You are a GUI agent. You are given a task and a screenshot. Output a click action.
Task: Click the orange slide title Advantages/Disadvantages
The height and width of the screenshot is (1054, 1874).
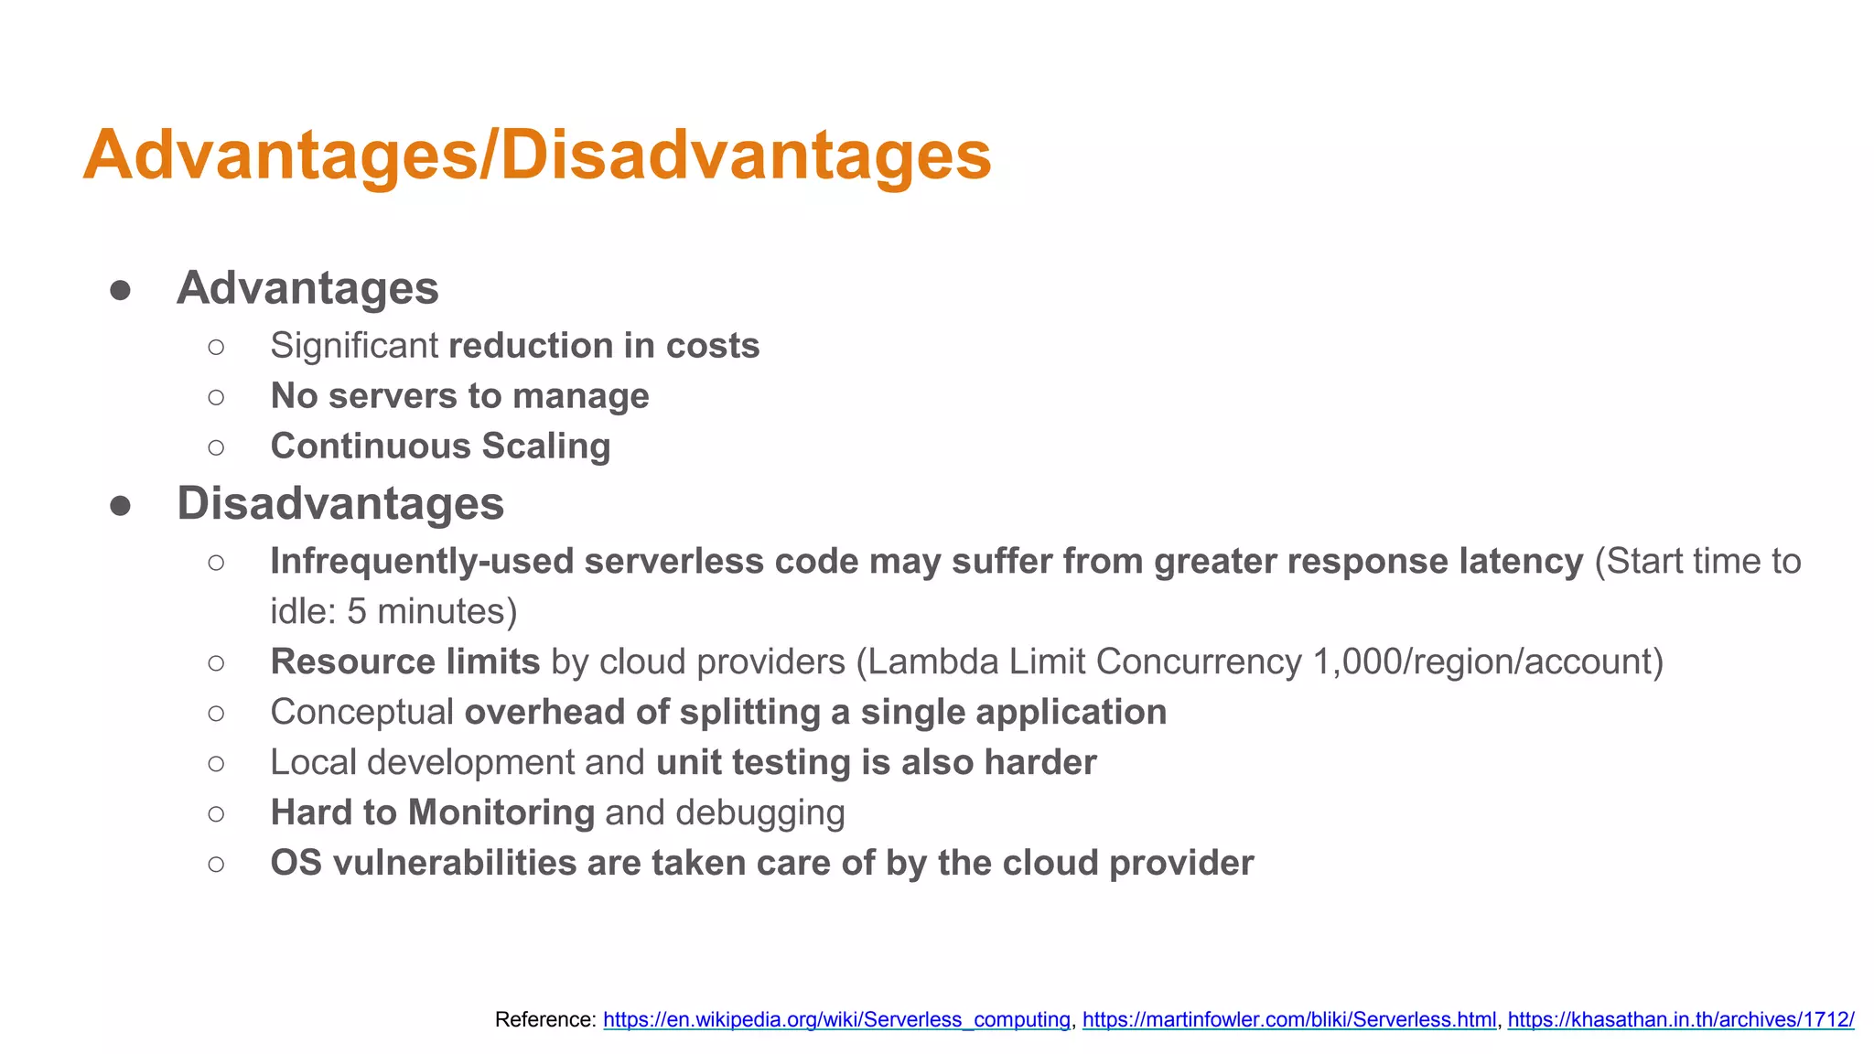pos(537,156)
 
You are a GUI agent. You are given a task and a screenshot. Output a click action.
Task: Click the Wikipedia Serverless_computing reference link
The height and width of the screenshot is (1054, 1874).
pos(836,1019)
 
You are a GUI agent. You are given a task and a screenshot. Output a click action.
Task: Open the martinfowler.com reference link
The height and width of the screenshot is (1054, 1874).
pos(1288,1019)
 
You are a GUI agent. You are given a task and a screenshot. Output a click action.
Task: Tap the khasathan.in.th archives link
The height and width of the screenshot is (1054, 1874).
pos(1680,1019)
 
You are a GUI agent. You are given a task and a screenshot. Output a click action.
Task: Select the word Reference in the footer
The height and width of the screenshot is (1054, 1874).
pos(544,1019)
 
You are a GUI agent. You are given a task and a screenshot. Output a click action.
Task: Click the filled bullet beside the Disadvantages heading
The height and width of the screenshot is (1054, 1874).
pos(120,505)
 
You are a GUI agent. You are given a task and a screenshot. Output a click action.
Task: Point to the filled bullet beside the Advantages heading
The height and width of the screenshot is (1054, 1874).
pos(120,290)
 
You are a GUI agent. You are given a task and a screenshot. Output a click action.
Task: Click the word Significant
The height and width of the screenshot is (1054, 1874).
pos(354,346)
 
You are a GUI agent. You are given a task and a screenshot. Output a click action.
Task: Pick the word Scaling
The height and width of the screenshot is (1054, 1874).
pos(546,446)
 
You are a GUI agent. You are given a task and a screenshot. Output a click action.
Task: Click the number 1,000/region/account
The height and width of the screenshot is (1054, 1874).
pos(1488,661)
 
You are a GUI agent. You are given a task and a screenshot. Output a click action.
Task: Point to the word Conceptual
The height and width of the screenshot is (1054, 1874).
pos(361,712)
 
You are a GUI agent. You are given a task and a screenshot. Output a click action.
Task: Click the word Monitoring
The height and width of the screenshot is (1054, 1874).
pos(501,812)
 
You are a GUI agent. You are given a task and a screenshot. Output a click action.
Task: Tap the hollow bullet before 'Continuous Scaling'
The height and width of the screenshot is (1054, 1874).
pos(216,447)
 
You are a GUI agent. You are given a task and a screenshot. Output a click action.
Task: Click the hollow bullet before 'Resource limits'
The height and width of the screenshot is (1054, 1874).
pos(216,662)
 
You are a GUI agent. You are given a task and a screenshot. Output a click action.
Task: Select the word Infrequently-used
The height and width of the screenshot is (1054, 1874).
pos(422,561)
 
